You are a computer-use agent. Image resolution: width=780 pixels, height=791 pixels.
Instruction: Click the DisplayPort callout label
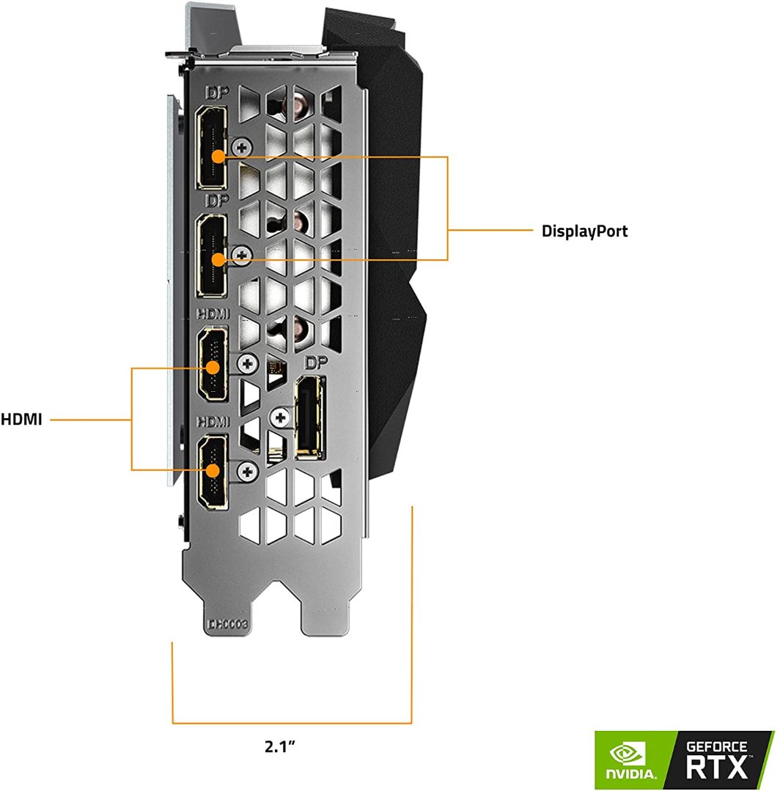coord(584,231)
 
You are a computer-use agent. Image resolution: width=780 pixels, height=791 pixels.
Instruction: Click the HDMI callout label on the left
coord(21,420)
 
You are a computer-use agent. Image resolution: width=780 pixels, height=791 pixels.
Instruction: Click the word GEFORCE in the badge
coord(716,746)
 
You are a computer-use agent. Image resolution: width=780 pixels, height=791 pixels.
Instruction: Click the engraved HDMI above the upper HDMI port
coord(212,314)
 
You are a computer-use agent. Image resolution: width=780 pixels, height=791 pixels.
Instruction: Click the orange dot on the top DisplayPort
coord(218,156)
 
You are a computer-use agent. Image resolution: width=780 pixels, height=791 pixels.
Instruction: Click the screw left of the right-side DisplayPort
coord(279,418)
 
